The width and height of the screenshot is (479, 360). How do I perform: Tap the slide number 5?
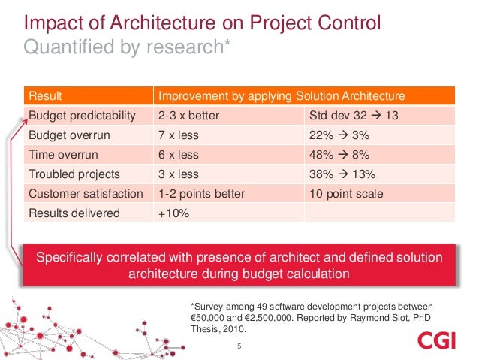click(239, 346)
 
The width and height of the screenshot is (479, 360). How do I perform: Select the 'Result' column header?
click(44, 96)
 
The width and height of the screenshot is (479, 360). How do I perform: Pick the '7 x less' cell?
click(178, 135)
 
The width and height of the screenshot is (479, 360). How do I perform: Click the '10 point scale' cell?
click(346, 194)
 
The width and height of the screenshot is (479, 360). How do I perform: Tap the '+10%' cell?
click(173, 213)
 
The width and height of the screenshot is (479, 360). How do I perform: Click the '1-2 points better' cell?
click(201, 194)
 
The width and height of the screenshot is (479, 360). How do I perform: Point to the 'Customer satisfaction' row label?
click(85, 194)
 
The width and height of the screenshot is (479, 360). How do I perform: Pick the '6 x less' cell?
click(178, 155)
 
